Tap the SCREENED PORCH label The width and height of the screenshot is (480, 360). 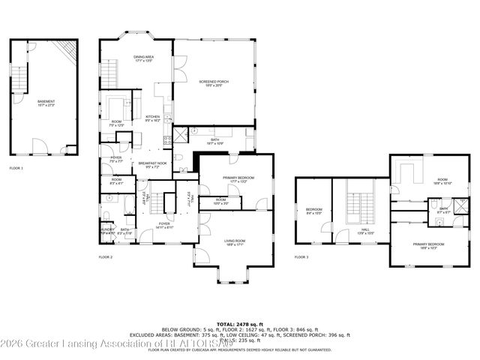coord(214,82)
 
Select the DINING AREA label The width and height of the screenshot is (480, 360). coord(144,58)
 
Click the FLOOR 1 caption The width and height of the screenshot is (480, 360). coord(16,168)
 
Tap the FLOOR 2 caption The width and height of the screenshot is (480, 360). coord(105,257)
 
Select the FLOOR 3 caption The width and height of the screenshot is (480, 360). coord(301,257)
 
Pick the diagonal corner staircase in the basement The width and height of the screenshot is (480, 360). coord(68,51)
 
